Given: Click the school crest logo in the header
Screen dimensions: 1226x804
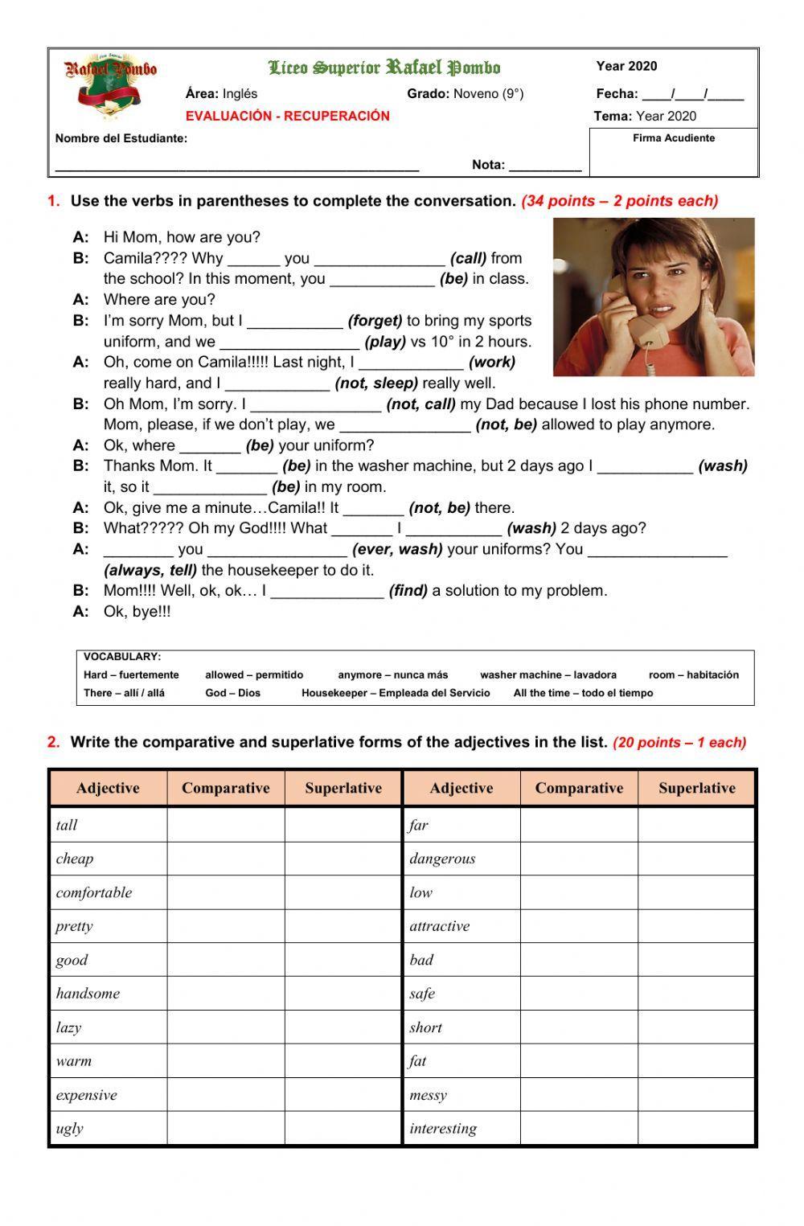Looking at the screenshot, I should pos(110,88).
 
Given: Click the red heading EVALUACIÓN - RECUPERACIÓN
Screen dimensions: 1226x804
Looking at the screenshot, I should pos(287,116).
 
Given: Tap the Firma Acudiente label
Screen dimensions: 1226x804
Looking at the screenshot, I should pos(673,138).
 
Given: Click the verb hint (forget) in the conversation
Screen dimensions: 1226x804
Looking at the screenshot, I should pos(375,321).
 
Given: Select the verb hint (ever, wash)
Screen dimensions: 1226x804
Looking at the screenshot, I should pos(397,549).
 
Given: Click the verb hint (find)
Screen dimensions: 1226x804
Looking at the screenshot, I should pos(408,591).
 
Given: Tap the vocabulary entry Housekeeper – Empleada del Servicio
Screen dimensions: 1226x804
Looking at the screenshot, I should pos(396,693).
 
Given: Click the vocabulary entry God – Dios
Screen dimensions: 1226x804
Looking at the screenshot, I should pos(232,693).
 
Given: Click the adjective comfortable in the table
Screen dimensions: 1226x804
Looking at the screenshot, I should pos(94,892).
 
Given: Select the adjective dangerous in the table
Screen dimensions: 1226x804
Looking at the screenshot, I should pos(442,859).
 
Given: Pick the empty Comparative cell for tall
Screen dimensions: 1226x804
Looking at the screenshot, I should pos(226,825).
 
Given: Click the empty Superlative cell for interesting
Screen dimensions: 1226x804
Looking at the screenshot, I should pos(696,1129).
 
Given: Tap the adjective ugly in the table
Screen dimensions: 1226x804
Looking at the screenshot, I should pos(70,1129).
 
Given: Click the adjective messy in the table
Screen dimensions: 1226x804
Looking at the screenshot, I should pos(428,1095).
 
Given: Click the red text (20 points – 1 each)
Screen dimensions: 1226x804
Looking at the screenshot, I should pos(679,743).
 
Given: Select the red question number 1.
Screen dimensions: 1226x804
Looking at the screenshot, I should pos(54,201).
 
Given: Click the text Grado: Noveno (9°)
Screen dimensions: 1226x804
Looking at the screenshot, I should pos(465,94).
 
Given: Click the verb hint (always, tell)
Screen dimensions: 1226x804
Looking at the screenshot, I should pos(150,570).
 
